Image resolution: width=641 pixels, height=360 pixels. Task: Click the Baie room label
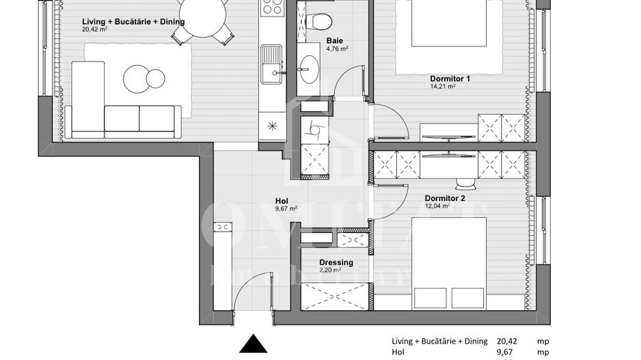click(335, 40)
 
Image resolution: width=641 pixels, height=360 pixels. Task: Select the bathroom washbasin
click(309, 68)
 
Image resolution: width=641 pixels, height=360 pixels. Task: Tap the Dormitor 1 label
click(450, 79)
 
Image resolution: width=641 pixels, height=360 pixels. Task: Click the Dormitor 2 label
click(444, 199)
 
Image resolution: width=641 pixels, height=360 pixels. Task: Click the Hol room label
click(282, 201)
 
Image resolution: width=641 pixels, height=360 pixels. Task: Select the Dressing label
click(336, 262)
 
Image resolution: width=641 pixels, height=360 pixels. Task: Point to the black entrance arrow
click(254, 344)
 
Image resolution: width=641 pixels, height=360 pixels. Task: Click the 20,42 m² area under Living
click(95, 29)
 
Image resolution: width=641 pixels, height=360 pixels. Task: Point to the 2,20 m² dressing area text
click(330, 271)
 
